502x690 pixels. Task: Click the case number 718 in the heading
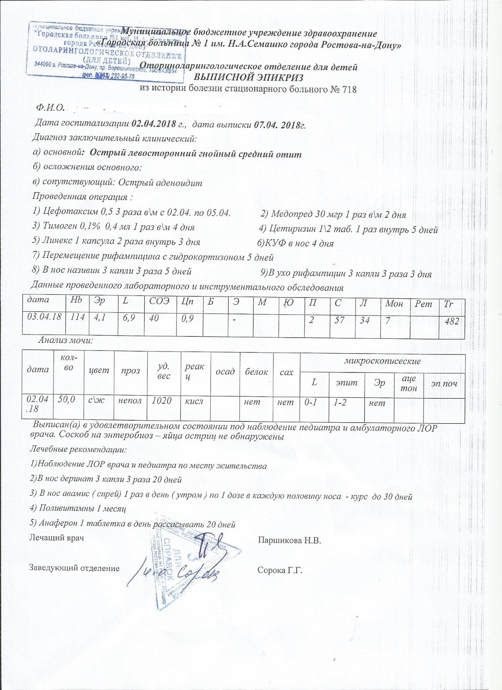[x=349, y=90]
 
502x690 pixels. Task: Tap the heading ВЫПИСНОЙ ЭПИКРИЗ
[x=248, y=78]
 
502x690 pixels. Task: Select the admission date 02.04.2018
[x=154, y=124]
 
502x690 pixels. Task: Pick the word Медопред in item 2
[x=291, y=214]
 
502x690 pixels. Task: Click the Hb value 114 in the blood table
[x=77, y=317]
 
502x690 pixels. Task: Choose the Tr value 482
[x=451, y=321]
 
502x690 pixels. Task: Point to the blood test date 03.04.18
[x=44, y=317]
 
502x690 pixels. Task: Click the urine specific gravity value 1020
[x=162, y=401]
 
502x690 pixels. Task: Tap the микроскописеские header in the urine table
[x=382, y=361]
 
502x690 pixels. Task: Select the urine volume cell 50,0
[x=67, y=399]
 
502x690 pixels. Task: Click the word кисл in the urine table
[x=194, y=401]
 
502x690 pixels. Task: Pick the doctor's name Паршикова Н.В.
[x=289, y=541]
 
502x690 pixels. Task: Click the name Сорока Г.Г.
[x=280, y=570]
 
